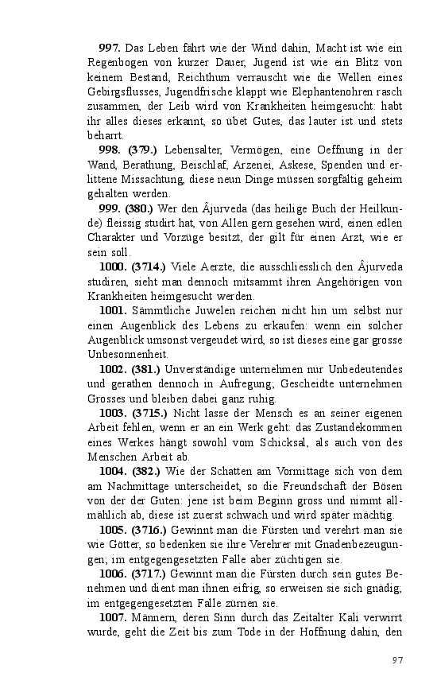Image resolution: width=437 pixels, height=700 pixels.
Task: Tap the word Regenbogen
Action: [118, 64]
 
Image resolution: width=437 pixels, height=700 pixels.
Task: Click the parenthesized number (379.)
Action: [145, 150]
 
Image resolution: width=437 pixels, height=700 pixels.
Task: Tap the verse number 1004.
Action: [112, 471]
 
